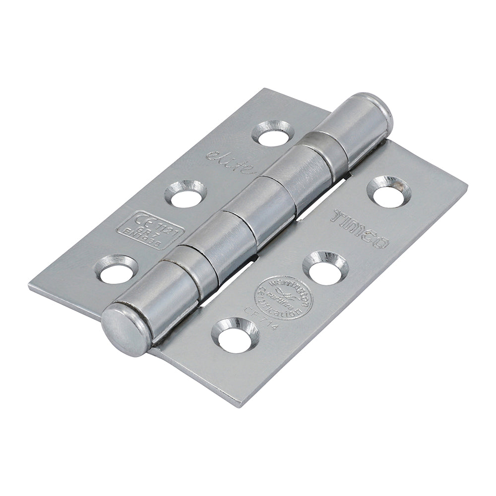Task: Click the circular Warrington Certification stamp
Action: point(284,298)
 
